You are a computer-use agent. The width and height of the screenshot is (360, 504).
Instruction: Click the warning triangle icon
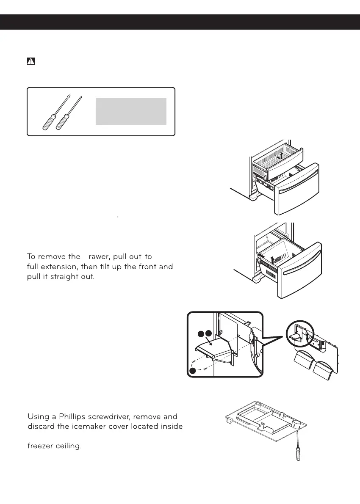[30, 61]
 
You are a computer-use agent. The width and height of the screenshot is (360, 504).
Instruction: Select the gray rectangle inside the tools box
[131, 111]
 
